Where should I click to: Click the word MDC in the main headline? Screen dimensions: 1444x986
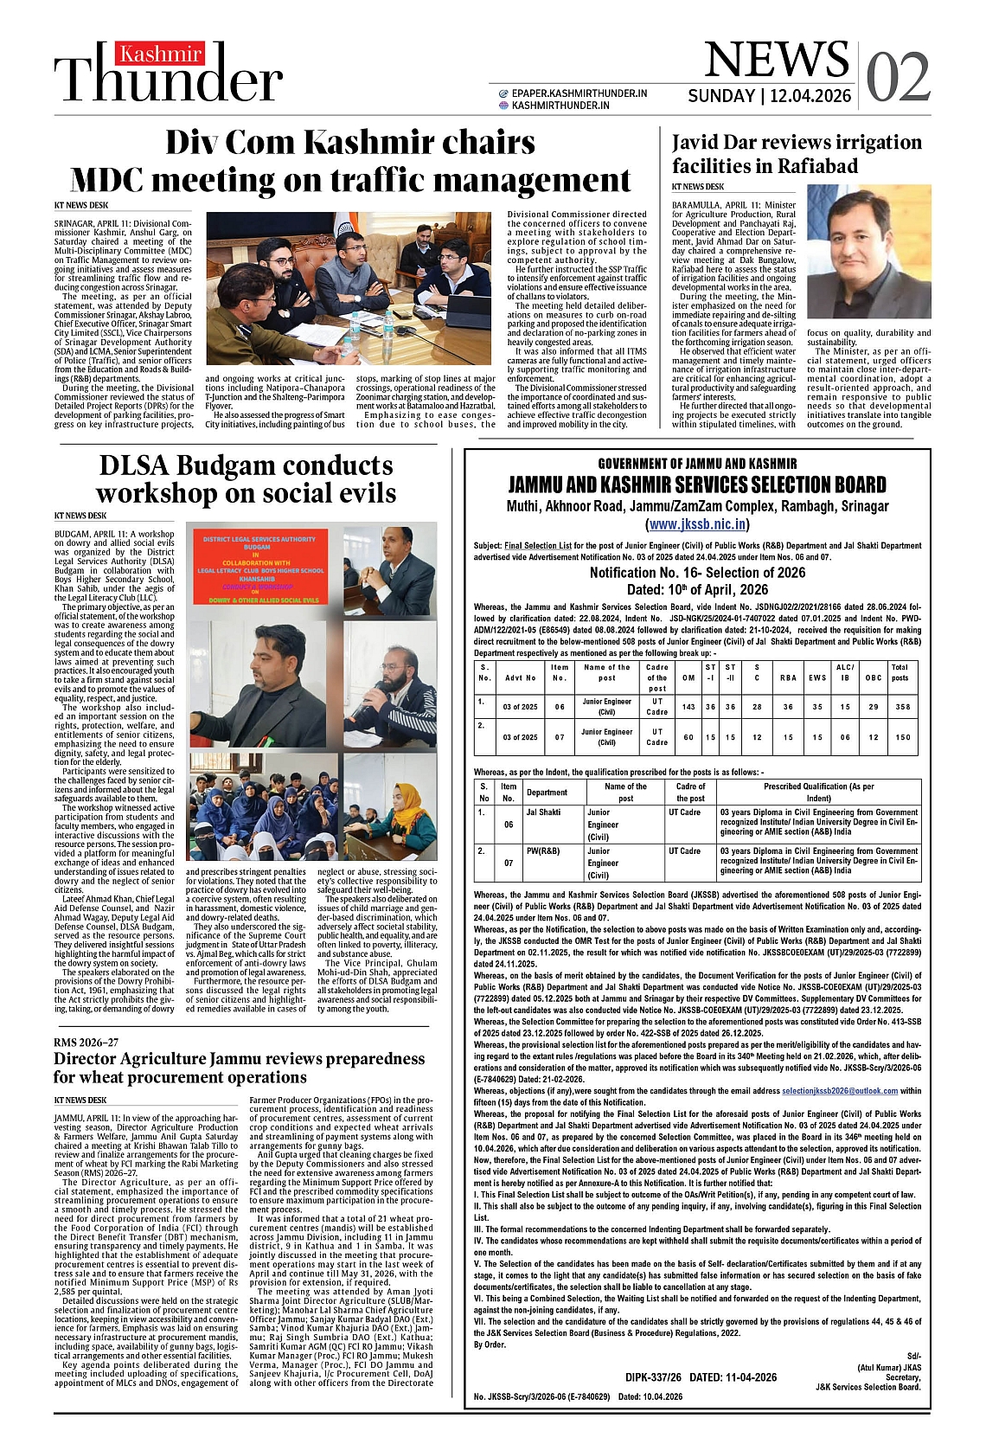point(124,180)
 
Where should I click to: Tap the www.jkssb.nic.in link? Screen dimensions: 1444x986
point(697,524)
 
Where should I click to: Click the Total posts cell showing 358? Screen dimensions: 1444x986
point(900,707)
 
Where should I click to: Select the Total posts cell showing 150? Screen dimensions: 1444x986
point(900,737)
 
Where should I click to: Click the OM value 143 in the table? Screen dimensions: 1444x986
point(688,707)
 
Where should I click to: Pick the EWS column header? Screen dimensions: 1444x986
point(816,677)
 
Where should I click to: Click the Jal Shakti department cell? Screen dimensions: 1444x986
point(543,812)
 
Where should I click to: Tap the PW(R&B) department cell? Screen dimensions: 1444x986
point(543,851)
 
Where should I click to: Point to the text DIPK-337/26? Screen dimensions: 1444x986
point(654,1377)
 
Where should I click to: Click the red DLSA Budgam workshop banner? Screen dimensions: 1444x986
point(259,568)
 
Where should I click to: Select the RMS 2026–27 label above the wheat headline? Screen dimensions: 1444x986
point(86,1043)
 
